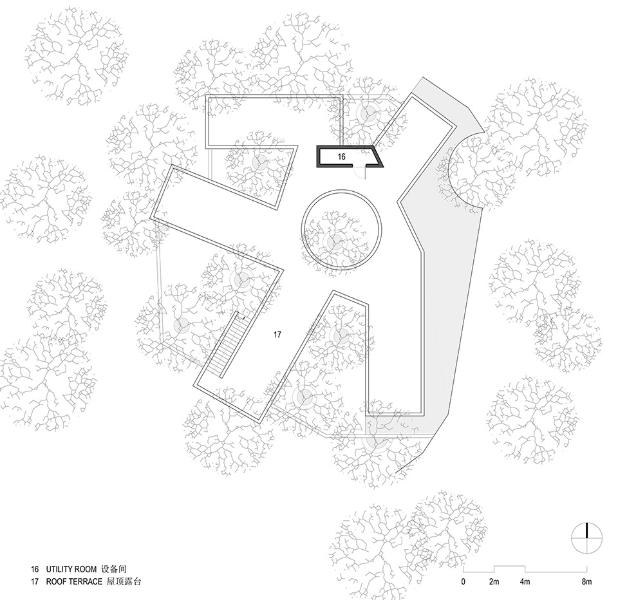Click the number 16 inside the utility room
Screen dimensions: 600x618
[x=342, y=156]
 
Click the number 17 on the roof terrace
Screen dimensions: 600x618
[x=277, y=335]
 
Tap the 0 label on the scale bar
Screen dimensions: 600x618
[x=464, y=583]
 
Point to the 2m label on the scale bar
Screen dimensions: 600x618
[x=494, y=583]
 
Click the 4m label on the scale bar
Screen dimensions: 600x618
[x=525, y=583]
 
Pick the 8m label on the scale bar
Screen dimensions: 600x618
[x=586, y=583]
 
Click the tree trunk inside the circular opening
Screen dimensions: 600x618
[x=334, y=242]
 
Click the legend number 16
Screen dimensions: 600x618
[x=33, y=570]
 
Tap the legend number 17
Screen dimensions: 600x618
[x=33, y=582]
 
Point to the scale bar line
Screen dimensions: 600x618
[x=525, y=570]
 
